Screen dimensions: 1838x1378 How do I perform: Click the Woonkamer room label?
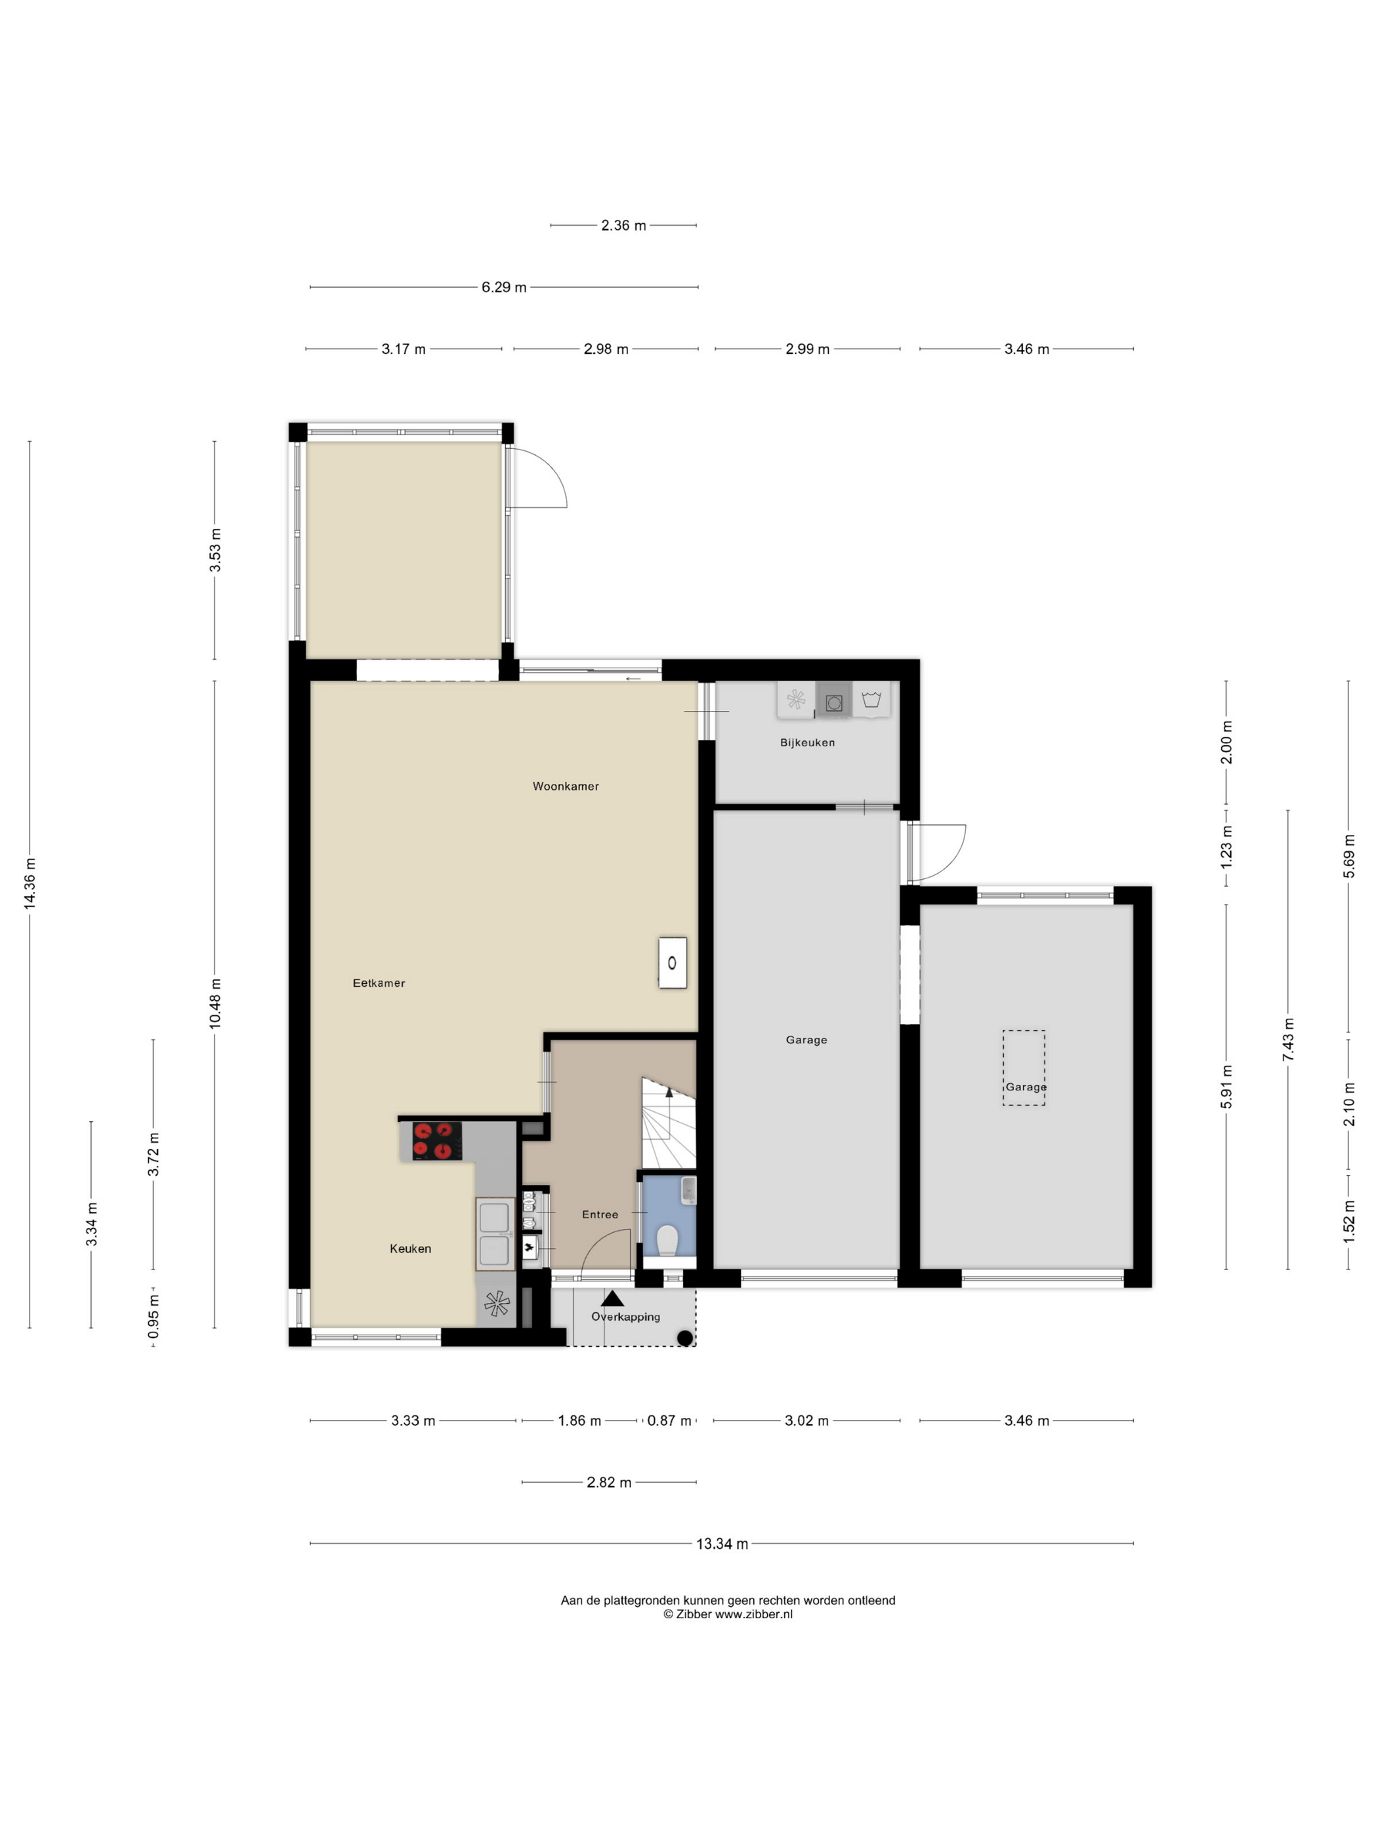pos(565,786)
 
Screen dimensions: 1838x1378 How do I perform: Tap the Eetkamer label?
pos(379,983)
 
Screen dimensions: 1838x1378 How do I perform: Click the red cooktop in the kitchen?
pos(437,1140)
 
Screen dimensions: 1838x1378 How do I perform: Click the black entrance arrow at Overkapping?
pos(612,1298)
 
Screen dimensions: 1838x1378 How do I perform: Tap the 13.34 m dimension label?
pos(721,1544)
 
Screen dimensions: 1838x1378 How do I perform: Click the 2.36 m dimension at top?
pos(623,225)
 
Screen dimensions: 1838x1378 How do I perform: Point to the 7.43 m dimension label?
pos(1287,1038)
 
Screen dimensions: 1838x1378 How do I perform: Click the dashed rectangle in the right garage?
pos(1023,1068)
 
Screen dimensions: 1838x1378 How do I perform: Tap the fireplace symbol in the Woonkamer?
pos(672,963)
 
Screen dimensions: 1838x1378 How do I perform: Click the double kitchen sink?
pos(494,1234)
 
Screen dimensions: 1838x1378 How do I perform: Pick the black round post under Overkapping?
pos(684,1338)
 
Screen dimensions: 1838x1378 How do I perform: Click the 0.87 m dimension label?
pos(669,1421)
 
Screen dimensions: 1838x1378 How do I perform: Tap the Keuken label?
pos(410,1249)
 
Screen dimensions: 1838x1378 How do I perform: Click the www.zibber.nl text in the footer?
pos(753,1614)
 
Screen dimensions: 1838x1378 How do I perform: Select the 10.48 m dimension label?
pos(215,1004)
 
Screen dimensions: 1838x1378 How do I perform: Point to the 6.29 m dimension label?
pos(503,288)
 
